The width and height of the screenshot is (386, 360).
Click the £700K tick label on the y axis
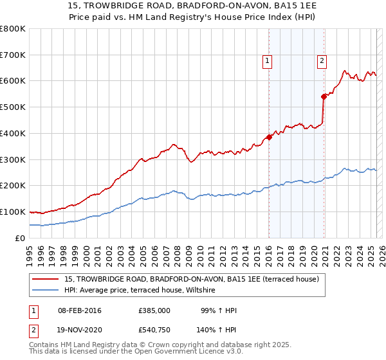coord(13,55)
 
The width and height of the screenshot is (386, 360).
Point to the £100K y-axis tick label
coord(13,212)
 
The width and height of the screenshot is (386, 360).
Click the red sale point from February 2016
coord(269,137)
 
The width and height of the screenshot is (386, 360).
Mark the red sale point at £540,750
coord(324,96)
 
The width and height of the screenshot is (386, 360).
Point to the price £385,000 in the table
coord(154,310)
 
